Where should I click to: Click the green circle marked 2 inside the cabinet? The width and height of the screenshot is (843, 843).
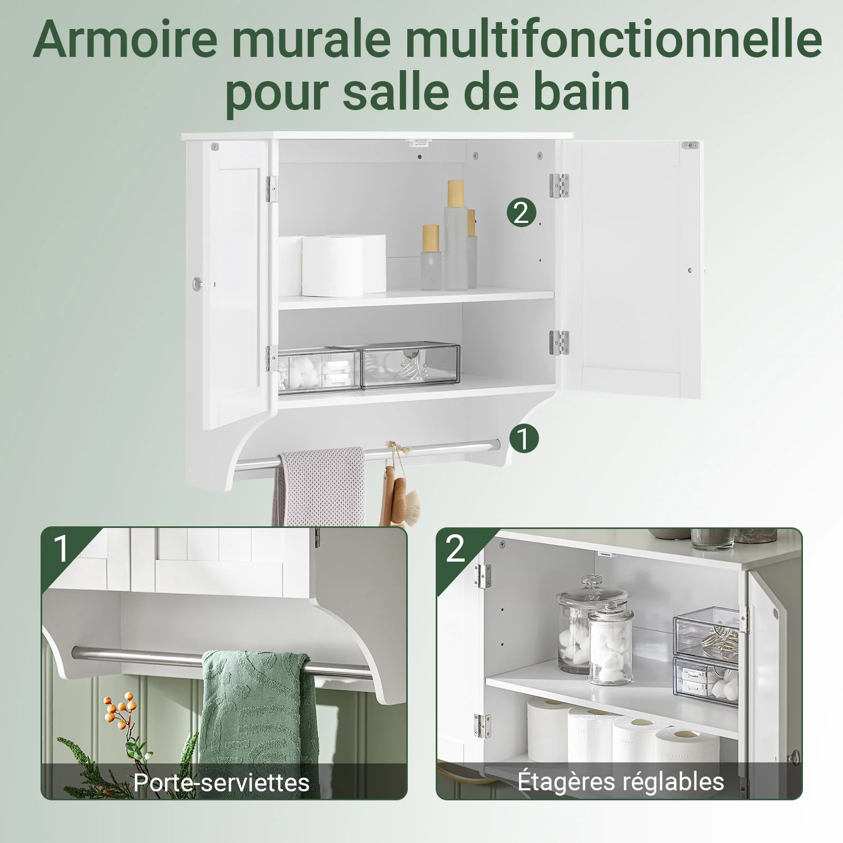[521, 213]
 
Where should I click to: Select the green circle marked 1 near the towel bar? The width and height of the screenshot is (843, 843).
[524, 438]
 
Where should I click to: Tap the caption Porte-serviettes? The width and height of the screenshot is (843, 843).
[221, 782]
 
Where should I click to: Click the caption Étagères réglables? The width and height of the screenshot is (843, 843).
[621, 781]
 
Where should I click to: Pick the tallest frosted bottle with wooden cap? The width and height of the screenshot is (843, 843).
[455, 236]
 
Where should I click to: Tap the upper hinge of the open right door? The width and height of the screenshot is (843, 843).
[560, 186]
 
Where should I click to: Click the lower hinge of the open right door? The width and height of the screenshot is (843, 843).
[560, 342]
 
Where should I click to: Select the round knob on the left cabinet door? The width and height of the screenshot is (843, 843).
[197, 283]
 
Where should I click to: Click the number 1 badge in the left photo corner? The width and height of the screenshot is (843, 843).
[62, 548]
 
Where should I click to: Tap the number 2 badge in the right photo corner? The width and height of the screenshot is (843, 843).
[456, 548]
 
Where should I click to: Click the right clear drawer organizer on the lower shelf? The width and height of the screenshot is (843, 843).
[410, 367]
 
